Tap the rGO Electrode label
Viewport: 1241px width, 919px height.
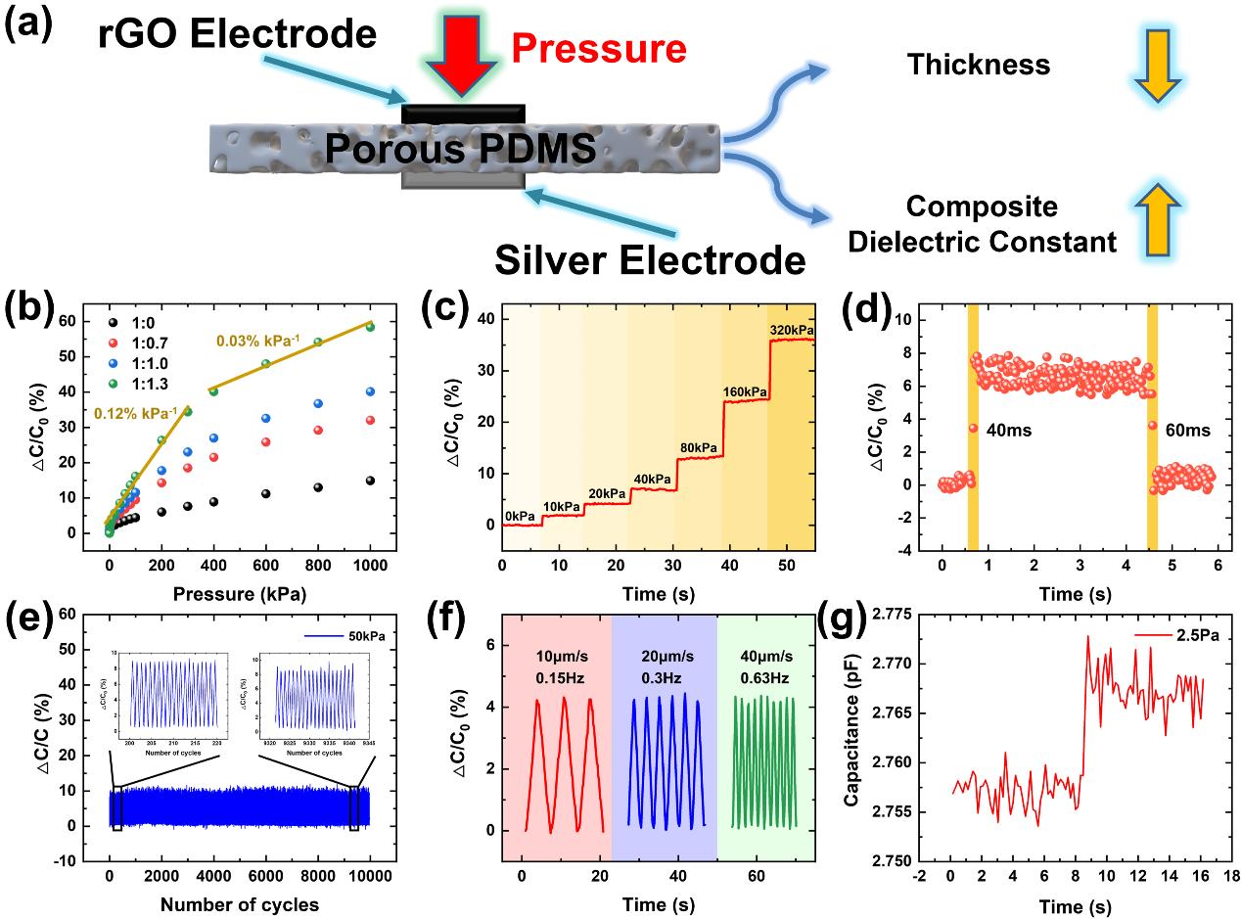(237, 34)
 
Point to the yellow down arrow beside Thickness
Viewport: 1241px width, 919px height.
(1159, 66)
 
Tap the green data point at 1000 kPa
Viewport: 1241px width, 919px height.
(369, 354)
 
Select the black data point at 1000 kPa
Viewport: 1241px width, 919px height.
(369, 481)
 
